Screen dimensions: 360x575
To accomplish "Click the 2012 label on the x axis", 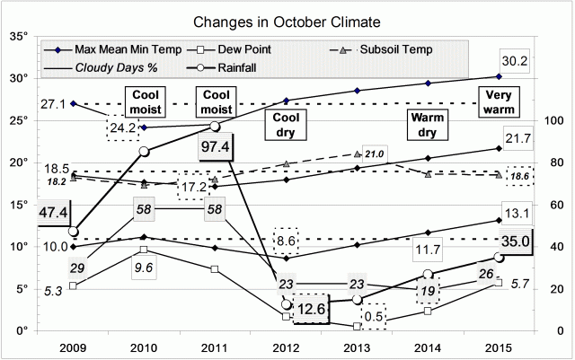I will coord(286,347).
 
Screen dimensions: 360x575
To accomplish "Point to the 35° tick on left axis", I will coord(19,37).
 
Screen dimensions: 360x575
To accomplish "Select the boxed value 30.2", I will coord(510,64).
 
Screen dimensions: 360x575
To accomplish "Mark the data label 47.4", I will coord(22,214).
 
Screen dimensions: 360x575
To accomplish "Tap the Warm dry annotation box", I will coord(429,126).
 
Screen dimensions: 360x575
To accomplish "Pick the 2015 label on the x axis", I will coord(499,347).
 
